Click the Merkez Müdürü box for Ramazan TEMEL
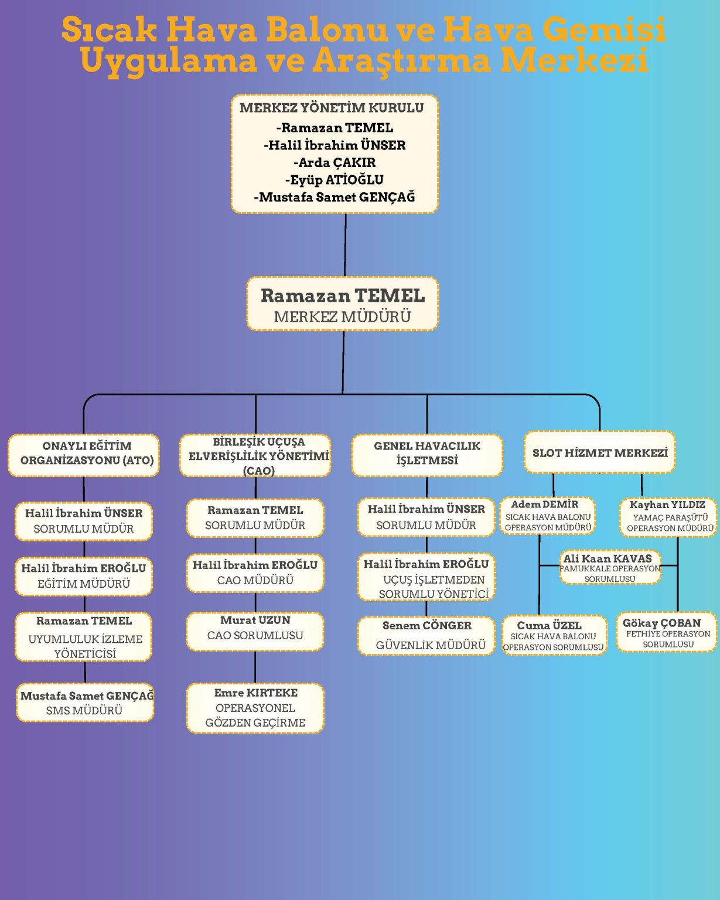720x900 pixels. [x=343, y=304]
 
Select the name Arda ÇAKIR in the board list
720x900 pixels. [x=335, y=162]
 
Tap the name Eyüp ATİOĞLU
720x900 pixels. [x=335, y=180]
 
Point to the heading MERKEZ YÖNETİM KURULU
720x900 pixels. [x=332, y=108]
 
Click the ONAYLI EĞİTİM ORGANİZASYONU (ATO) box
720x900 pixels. [x=84, y=454]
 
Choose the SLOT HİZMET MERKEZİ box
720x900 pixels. [x=599, y=452]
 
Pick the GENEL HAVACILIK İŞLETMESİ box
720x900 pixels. [x=427, y=454]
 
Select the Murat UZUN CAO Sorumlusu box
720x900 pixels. [x=255, y=631]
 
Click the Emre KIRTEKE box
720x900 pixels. [x=255, y=708]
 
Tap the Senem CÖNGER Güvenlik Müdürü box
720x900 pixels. [x=426, y=636]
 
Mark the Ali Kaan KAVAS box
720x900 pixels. [x=609, y=567]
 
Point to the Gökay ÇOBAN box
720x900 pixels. [x=667, y=632]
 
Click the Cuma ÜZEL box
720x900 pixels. [x=554, y=635]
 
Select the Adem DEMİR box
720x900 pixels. [x=548, y=516]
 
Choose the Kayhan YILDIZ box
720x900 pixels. [x=668, y=517]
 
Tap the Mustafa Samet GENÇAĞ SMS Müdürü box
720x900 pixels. [x=85, y=703]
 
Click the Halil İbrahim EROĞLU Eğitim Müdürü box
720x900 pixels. [x=84, y=576]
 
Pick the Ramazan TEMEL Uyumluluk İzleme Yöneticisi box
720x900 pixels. [x=84, y=637]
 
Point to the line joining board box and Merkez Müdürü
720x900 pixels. [x=345, y=245]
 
